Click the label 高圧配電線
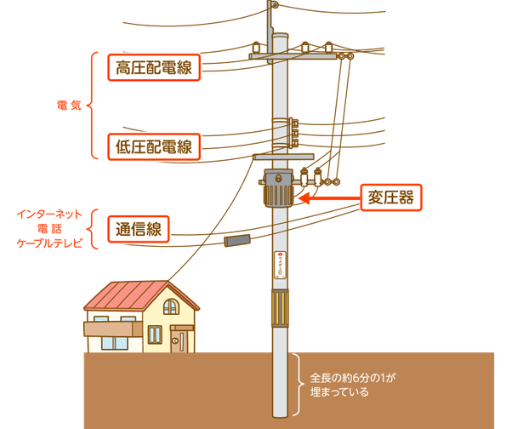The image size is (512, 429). click(x=153, y=68)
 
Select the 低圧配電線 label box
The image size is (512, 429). click(x=153, y=146)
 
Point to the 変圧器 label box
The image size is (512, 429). click(x=391, y=197)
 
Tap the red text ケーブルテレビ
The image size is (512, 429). click(x=53, y=243)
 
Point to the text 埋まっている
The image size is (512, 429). click(x=339, y=393)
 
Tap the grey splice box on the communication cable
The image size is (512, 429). click(x=236, y=240)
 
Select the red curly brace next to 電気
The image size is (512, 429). click(x=91, y=107)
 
